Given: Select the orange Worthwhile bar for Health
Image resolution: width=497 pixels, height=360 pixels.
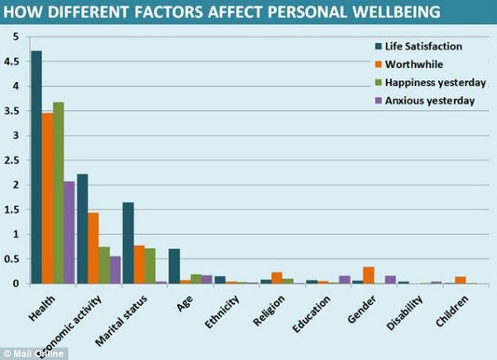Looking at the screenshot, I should click(48, 199).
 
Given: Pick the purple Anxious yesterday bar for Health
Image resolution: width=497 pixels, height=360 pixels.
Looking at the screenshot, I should click(70, 233).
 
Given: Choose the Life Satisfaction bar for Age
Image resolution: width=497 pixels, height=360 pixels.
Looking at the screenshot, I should click(174, 266).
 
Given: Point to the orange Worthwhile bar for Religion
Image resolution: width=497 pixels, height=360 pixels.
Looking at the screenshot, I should click(277, 278).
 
